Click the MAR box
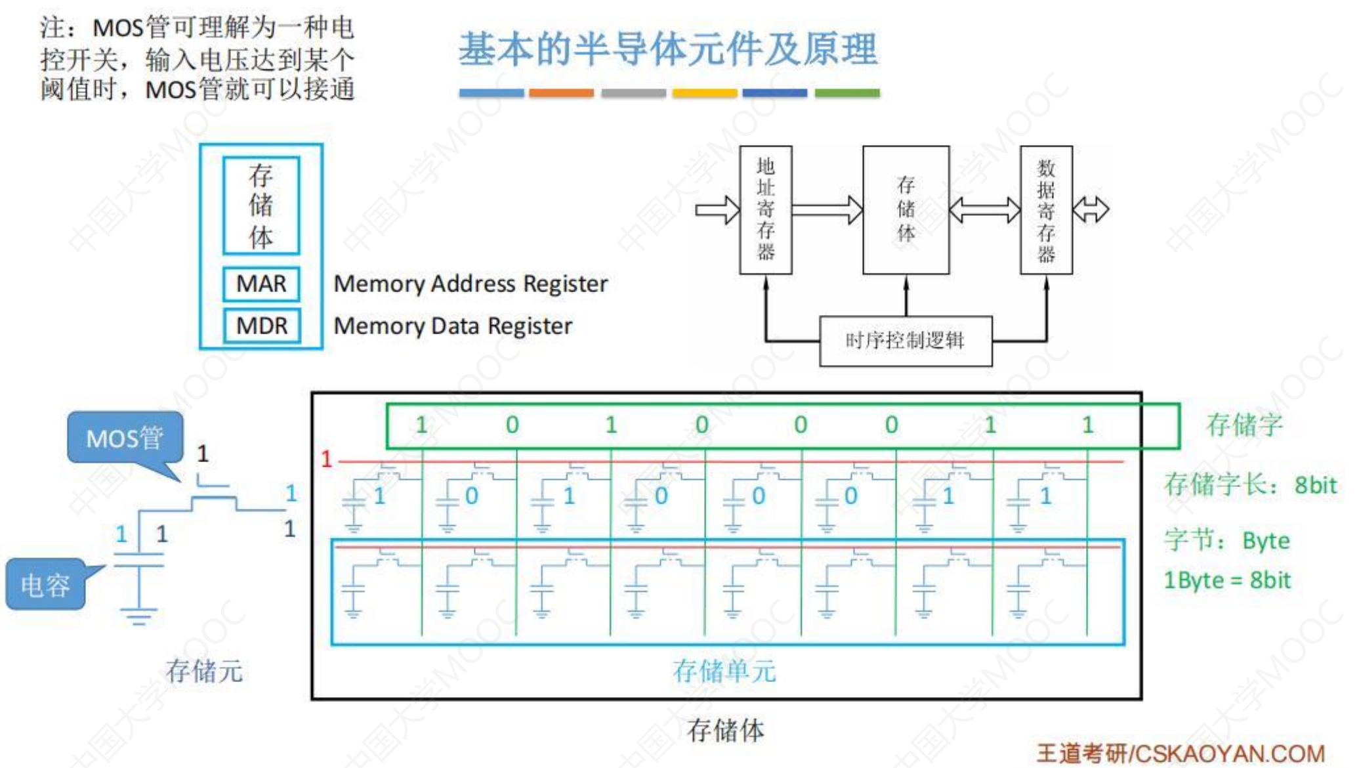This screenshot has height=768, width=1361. (x=261, y=284)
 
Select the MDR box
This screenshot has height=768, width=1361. (x=261, y=326)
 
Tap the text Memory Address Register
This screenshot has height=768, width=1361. (x=471, y=284)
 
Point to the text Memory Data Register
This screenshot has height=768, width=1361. (x=453, y=326)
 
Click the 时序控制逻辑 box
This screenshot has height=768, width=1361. (x=905, y=341)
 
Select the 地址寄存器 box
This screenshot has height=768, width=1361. (x=765, y=209)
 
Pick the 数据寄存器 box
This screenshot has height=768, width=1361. (x=1046, y=209)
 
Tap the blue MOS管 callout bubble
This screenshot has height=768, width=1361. (x=125, y=437)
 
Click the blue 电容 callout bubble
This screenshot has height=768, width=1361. (x=45, y=584)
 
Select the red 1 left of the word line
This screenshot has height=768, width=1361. (x=326, y=459)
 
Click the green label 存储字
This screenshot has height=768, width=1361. (x=1244, y=425)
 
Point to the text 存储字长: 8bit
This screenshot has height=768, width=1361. (x=1250, y=485)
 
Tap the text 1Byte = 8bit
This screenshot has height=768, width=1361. (x=1226, y=580)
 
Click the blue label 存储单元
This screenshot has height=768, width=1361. (x=724, y=671)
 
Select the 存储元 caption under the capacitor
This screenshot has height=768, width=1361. (x=204, y=671)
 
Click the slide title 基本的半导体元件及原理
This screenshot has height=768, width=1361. (x=667, y=49)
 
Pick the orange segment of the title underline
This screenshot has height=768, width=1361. (x=561, y=93)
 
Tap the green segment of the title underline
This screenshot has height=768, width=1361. (x=847, y=93)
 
